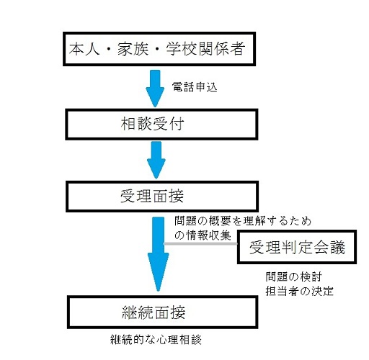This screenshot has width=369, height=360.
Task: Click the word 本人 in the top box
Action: (84, 49)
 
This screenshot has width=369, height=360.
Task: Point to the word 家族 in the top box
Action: (133, 49)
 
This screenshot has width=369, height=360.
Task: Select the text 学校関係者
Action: (205, 49)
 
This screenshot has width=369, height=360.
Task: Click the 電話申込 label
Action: (195, 87)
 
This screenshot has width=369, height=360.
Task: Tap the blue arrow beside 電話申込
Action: (155, 89)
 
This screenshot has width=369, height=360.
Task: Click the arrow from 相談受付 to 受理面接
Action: (156, 160)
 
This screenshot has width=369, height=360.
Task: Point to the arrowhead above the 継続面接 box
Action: (158, 272)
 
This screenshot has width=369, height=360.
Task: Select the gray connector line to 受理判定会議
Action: (200, 243)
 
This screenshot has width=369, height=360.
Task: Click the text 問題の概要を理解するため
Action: (243, 221)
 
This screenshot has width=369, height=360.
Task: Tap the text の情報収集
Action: (203, 235)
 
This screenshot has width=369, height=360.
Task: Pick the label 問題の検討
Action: (293, 277)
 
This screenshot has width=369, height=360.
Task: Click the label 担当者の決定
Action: (299, 292)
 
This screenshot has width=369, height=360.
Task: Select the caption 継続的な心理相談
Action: (156, 340)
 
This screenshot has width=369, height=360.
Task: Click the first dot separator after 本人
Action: (109, 49)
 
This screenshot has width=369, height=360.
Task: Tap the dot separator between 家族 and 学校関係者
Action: (157, 49)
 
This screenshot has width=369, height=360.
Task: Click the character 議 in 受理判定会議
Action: (337, 247)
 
